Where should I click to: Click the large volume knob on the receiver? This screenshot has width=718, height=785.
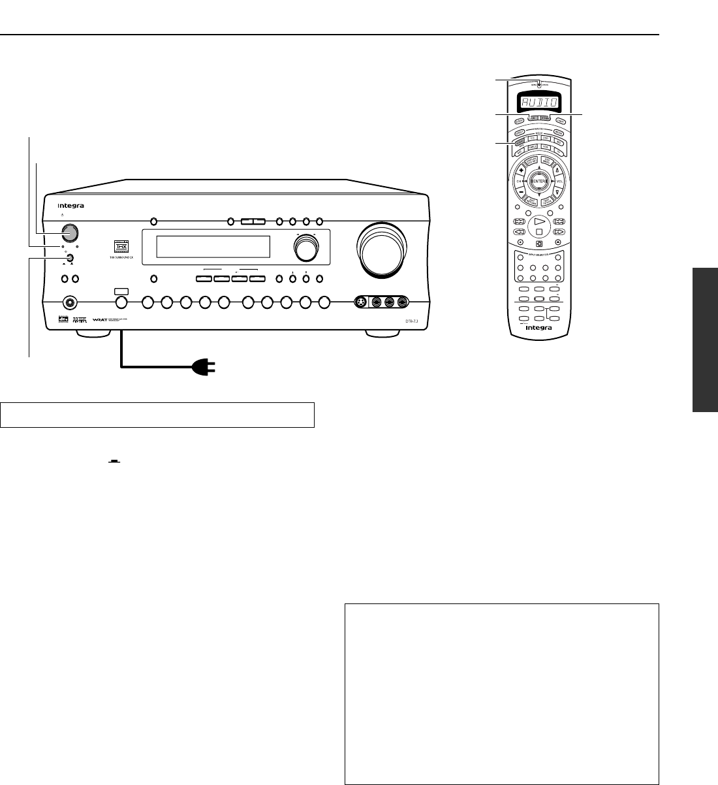click(x=382, y=252)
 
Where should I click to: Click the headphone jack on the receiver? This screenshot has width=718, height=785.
click(x=69, y=302)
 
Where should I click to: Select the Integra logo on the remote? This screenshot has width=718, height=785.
click(x=537, y=328)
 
